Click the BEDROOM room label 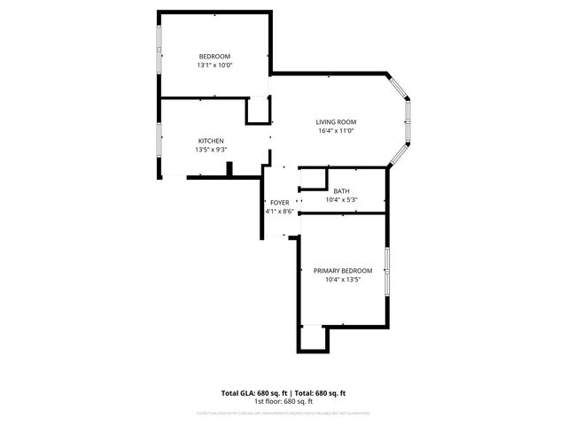tap(214, 56)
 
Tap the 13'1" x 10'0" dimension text tap(214, 65)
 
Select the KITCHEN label tap(210, 141)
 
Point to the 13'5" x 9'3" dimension tap(210, 150)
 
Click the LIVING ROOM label tap(336, 121)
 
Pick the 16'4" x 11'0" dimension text tap(336, 131)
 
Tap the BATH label tap(341, 190)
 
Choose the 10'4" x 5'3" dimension tap(341, 199)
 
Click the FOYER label tap(280, 203)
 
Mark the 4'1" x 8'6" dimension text tap(280, 212)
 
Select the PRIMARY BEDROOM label tap(343, 270)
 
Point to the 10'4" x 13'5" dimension tap(343, 280)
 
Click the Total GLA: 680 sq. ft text tap(255, 392)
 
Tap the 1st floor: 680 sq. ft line tap(283, 401)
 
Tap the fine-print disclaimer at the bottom tap(283, 413)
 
